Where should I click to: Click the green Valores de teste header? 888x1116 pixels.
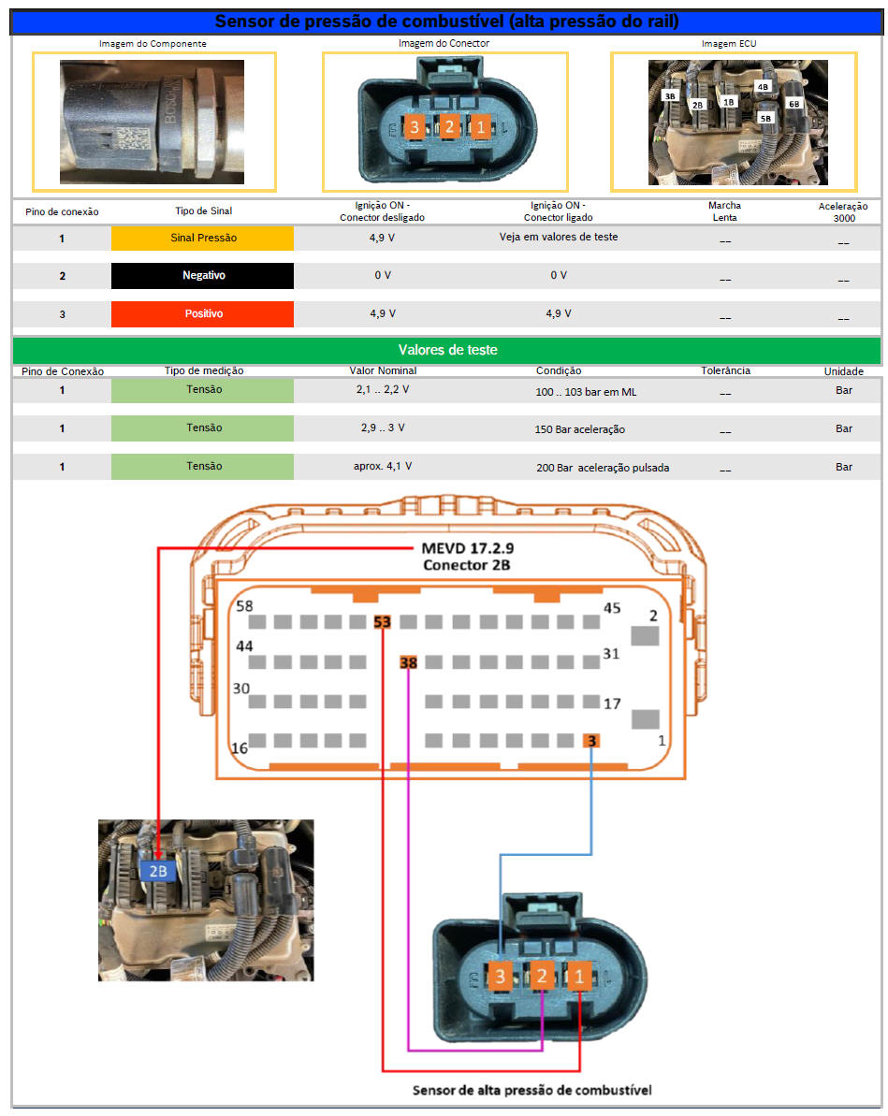click(x=447, y=350)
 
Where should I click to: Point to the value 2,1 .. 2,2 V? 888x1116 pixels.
click(x=383, y=389)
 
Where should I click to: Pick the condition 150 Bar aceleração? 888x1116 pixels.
click(x=579, y=429)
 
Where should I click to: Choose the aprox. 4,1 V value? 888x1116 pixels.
click(x=383, y=466)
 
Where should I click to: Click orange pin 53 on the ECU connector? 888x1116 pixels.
click(x=383, y=622)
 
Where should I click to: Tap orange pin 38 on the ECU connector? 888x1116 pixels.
click(x=408, y=662)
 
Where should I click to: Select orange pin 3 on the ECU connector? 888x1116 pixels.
click(x=591, y=741)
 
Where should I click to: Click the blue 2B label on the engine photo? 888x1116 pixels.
click(x=157, y=871)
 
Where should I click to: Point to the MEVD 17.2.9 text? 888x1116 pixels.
click(x=467, y=548)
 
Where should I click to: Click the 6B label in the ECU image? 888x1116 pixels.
click(x=794, y=104)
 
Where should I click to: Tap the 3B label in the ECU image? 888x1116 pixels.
click(x=670, y=96)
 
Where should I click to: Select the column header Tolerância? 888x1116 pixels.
click(x=725, y=370)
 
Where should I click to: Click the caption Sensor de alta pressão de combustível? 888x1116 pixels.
click(x=531, y=1091)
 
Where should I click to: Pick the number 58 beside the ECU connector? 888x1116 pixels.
click(x=244, y=605)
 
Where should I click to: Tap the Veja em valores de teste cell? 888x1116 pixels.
click(x=559, y=237)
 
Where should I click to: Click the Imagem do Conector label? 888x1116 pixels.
click(x=444, y=43)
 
